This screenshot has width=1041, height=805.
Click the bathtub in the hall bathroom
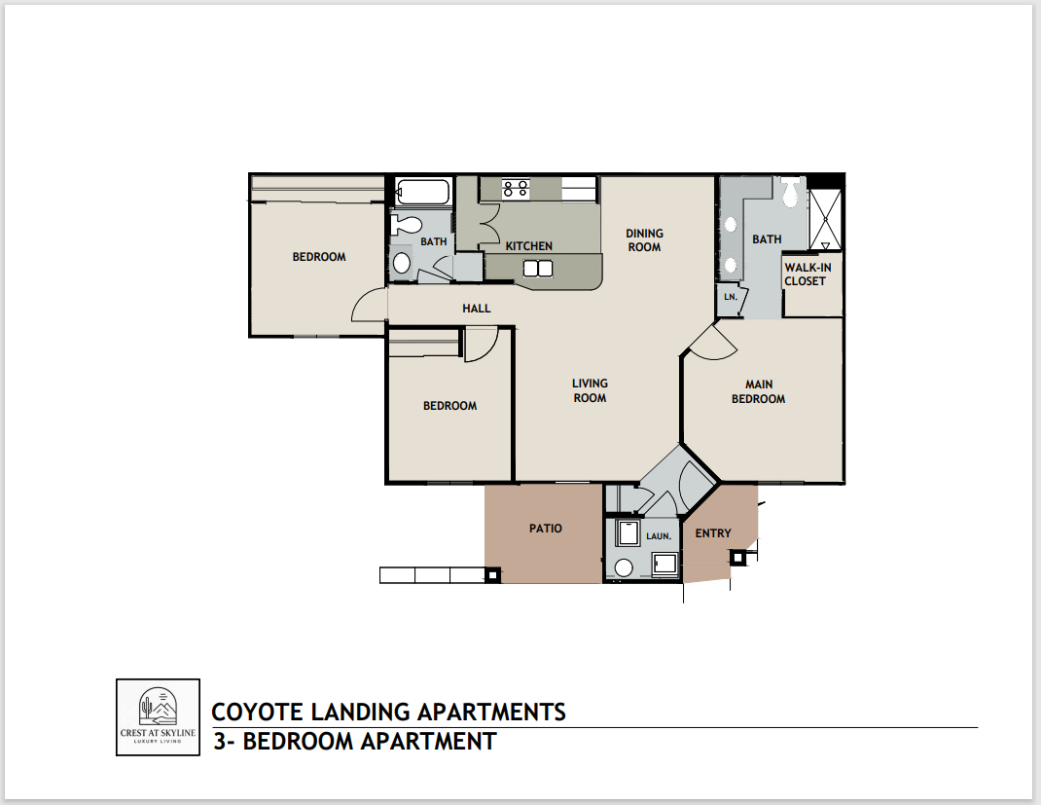[422, 192]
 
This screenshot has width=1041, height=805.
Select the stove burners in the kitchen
[515, 188]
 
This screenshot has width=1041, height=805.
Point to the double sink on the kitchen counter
[537, 268]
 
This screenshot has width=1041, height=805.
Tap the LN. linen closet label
[729, 298]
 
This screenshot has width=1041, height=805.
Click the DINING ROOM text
[644, 239]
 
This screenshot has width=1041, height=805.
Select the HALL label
[477, 309]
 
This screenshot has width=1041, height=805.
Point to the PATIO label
[546, 529]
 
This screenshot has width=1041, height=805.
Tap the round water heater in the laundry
[625, 567]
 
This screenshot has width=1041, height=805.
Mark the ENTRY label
[713, 532]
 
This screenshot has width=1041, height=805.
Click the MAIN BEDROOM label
[758, 391]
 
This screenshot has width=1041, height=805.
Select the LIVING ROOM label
[590, 390]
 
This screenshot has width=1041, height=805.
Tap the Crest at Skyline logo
[158, 717]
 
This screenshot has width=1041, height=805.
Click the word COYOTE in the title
[257, 712]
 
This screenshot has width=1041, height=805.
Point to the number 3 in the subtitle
[221, 742]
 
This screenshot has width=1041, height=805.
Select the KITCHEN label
[528, 246]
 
